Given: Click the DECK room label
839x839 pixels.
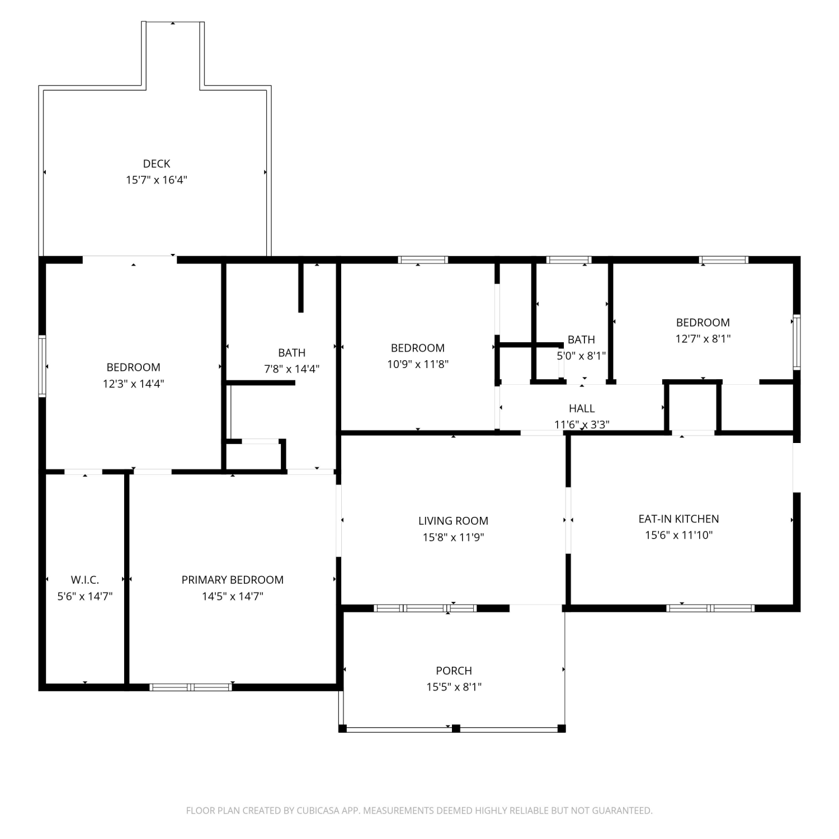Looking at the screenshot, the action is point(157,164).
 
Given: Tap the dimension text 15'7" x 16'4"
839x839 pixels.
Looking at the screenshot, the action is point(157,180).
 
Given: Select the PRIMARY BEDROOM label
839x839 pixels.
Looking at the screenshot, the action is point(233,580).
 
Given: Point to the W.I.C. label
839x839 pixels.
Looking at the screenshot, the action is point(85,580).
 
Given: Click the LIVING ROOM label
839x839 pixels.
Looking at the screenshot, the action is point(453,521).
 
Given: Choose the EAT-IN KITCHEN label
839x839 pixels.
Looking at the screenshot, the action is point(678,519).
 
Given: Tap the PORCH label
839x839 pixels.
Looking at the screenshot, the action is point(454,671).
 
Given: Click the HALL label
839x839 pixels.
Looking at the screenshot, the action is point(582,409).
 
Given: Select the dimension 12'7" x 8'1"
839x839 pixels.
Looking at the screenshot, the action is point(703,339).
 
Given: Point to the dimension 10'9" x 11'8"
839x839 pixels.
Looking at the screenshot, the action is point(418,364).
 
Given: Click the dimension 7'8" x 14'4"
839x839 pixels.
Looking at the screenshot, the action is point(292,369).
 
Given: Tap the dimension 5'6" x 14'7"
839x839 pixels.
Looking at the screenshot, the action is point(85,596).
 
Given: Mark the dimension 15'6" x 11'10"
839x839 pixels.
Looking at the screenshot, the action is point(678,535).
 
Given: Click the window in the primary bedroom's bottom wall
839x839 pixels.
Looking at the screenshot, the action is point(191,687).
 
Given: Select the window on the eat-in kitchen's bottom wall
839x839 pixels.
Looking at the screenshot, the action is point(710,608).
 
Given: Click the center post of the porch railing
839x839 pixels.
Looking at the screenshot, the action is point(456,728).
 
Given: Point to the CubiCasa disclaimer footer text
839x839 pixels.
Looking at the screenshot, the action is point(419,810).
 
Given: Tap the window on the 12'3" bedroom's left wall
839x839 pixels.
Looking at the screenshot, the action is point(42,366).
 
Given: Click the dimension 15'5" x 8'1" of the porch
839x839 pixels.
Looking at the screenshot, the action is point(454,687).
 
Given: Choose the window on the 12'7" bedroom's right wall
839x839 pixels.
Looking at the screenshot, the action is point(796,342).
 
